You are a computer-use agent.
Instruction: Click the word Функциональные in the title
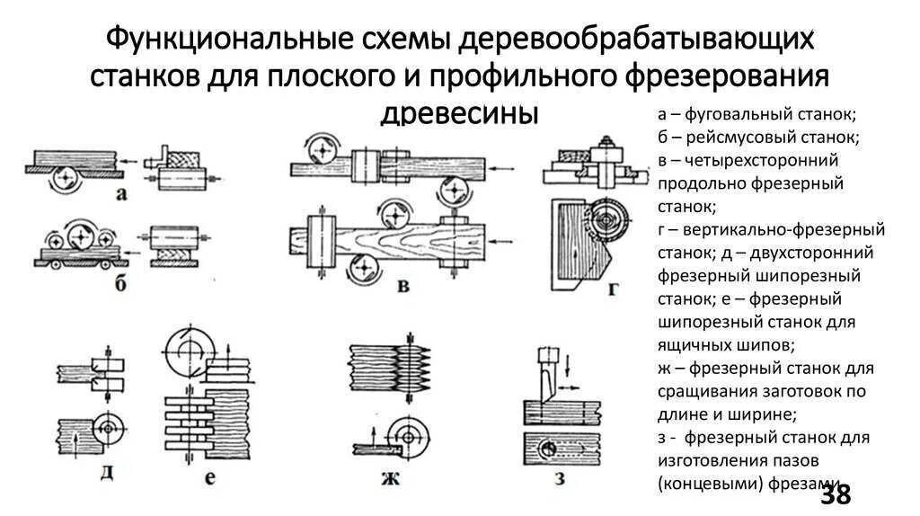193,40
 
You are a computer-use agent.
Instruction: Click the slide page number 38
835,494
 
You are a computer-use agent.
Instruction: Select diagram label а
119,193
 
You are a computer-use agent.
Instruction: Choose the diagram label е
210,477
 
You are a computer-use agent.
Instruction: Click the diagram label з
557,478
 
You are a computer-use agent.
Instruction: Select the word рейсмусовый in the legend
730,138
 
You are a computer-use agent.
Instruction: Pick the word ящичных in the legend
691,344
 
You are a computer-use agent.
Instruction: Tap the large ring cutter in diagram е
191,350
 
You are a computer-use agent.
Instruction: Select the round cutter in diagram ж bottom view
411,436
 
